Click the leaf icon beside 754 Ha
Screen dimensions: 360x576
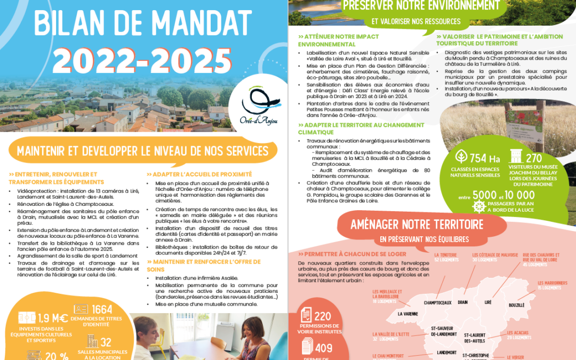point(461,157)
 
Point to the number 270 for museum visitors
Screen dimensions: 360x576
point(533,158)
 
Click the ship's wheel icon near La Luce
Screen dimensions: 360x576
point(478,206)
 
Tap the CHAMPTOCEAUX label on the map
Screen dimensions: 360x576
point(438,302)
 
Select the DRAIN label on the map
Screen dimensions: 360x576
point(462,302)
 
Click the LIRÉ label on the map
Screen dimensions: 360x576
point(487,302)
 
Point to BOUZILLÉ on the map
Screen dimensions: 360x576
point(517,306)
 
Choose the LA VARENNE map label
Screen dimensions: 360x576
point(407,314)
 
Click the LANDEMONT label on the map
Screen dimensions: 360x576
point(446,353)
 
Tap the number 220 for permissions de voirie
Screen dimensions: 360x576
point(323,316)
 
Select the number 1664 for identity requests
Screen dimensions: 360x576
point(102,310)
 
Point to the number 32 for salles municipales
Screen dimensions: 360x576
point(106,342)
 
